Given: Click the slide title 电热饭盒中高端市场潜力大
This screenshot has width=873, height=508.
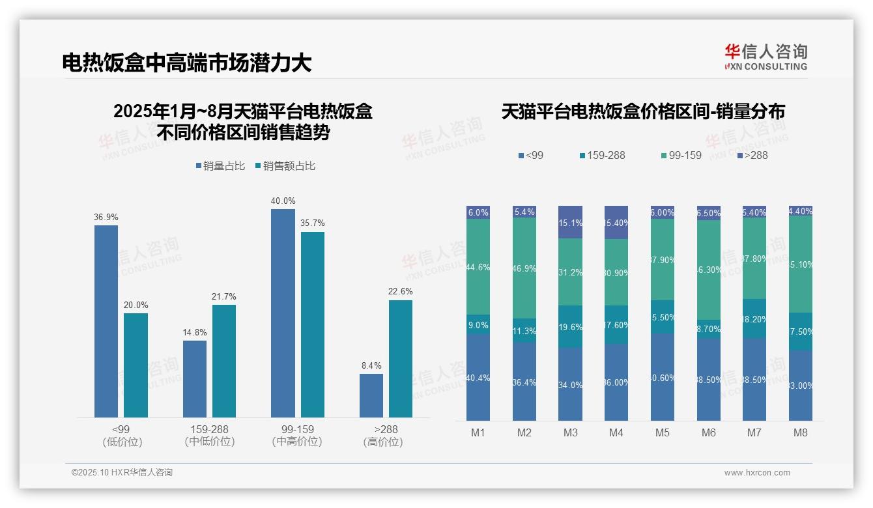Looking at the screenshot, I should (186, 63).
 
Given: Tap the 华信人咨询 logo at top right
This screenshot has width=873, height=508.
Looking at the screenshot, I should (766, 57).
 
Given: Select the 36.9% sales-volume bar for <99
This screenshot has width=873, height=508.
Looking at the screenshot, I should (106, 321).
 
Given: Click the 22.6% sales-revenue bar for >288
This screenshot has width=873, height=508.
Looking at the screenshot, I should (401, 358).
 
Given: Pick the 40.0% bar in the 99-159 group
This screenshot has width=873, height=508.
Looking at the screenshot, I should (283, 313).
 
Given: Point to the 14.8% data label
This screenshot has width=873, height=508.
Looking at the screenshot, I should (195, 332).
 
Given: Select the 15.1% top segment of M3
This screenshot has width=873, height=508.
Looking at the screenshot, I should (570, 222).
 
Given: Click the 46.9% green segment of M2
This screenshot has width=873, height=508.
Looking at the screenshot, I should (524, 268).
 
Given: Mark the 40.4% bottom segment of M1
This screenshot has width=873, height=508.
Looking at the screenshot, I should (478, 377).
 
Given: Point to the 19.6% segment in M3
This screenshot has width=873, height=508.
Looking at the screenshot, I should (570, 326).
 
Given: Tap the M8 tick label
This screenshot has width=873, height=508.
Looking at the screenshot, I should (801, 432).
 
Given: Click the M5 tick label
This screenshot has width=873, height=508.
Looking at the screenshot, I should (663, 432).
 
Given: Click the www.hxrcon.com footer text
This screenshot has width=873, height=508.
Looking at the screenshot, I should (757, 473).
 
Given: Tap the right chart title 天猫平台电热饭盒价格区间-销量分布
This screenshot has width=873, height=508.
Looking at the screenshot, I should (643, 112).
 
